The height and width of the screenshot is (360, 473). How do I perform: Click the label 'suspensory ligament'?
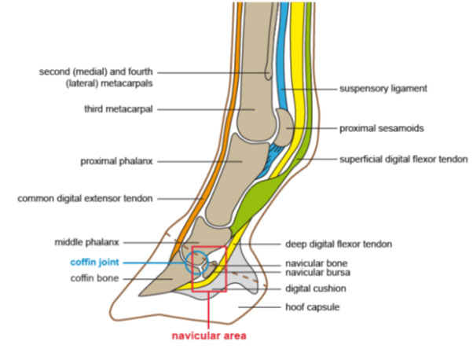pyautogui.click(x=383, y=89)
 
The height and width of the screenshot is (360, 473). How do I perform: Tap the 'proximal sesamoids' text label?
pyautogui.click(x=382, y=129)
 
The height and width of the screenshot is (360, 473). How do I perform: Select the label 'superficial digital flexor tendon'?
pyautogui.click(x=404, y=160)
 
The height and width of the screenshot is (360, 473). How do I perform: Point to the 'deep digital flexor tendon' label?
pyautogui.click(x=339, y=244)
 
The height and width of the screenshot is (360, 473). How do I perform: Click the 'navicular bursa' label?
pyautogui.click(x=317, y=273)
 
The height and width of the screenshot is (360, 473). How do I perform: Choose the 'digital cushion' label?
pyautogui.click(x=316, y=288)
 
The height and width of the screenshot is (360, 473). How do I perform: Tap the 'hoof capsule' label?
pyautogui.click(x=313, y=307)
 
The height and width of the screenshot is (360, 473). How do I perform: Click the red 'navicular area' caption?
pyautogui.click(x=209, y=336)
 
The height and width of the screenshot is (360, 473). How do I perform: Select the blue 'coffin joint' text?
pyautogui.click(x=95, y=263)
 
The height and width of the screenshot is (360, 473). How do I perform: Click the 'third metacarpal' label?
pyautogui.click(x=119, y=109)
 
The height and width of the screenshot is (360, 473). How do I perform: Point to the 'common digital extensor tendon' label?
pyautogui.click(x=85, y=199)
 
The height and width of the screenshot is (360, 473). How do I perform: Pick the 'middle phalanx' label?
pyautogui.click(x=87, y=242)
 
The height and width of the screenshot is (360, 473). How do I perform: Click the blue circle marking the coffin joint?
pyautogui.click(x=185, y=263)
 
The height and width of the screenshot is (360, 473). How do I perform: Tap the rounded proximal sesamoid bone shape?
pyautogui.click(x=285, y=127)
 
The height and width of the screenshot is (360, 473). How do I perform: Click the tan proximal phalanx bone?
pyautogui.click(x=235, y=178)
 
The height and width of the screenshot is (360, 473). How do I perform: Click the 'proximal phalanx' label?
pyautogui.click(x=117, y=161)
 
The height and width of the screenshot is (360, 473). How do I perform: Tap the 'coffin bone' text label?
pyautogui.click(x=95, y=278)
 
